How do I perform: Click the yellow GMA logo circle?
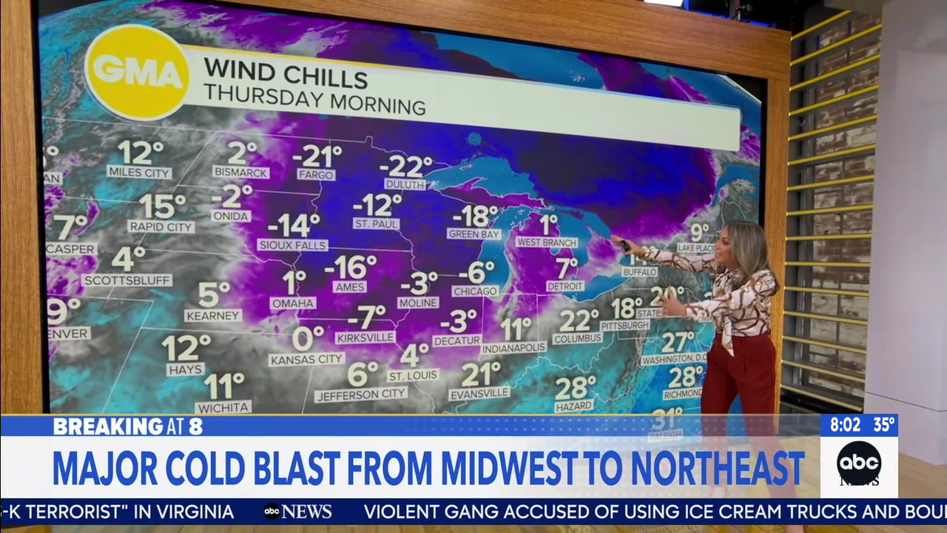(137, 72)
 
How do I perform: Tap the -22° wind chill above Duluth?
(405, 166)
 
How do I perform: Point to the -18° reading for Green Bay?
(475, 216)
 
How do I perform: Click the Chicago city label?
(475, 291)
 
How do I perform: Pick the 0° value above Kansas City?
(307, 338)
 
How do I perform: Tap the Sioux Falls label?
(291, 244)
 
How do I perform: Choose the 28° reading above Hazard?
(575, 387)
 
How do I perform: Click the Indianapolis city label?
(513, 347)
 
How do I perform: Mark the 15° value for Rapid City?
(162, 206)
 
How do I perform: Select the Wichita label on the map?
(223, 407)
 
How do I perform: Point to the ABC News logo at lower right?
(858, 463)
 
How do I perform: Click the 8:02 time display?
(845, 425)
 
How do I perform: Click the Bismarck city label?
(240, 172)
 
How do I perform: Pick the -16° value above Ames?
(351, 266)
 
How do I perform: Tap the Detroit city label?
(565, 286)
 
